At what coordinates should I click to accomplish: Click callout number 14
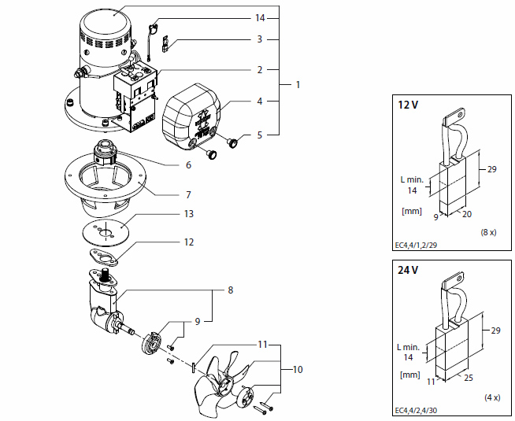coord(261,17)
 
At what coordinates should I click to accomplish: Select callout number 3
coord(259,39)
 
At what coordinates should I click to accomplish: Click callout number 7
coord(188,194)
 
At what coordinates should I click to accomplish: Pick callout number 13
coord(188,214)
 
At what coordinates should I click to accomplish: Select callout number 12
coord(188,242)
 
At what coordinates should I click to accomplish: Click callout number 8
coord(229,290)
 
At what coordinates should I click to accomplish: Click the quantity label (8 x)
coord(488,234)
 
